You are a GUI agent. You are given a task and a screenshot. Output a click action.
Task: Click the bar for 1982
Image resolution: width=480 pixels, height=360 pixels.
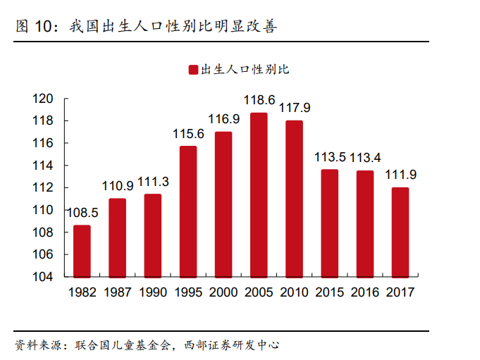tap(82, 251)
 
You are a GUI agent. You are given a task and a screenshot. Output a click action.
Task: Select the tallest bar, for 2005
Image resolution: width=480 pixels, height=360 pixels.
tap(259, 194)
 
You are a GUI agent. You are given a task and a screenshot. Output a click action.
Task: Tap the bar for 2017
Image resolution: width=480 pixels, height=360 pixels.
tap(400, 232)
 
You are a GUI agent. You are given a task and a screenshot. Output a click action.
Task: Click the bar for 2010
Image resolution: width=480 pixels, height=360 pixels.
tap(294, 199)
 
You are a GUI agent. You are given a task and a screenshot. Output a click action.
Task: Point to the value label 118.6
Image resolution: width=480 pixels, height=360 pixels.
tap(259, 101)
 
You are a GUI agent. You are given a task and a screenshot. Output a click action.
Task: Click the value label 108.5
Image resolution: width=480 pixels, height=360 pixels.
tap(82, 212)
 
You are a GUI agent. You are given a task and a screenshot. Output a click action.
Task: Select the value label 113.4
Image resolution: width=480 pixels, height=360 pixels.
tap(365, 157)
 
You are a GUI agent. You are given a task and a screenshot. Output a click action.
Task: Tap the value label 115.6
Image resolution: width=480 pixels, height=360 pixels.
tap(188, 134)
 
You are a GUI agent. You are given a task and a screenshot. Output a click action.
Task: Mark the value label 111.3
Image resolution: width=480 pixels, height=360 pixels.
tap(153, 182)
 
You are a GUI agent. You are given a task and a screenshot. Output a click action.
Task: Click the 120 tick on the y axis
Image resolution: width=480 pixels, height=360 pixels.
tap(44, 99)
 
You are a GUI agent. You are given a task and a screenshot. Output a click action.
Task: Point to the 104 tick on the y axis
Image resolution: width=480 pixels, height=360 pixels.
tap(44, 277)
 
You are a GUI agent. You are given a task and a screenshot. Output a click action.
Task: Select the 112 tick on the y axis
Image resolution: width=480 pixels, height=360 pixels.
tap(44, 187)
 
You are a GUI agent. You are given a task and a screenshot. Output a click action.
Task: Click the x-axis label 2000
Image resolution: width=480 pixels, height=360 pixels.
tap(223, 292)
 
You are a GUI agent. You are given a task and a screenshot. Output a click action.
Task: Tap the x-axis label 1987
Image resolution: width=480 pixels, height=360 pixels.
tap(118, 292)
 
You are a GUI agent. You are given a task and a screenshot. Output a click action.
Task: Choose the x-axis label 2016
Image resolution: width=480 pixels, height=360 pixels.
tap(365, 292)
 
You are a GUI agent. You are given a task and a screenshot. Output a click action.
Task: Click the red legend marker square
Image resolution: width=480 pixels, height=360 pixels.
tap(192, 69)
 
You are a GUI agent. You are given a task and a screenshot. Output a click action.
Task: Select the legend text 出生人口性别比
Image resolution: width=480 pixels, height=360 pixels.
tap(245, 69)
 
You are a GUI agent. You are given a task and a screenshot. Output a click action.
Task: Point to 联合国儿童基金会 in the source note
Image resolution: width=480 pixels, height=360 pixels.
tap(121, 345)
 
